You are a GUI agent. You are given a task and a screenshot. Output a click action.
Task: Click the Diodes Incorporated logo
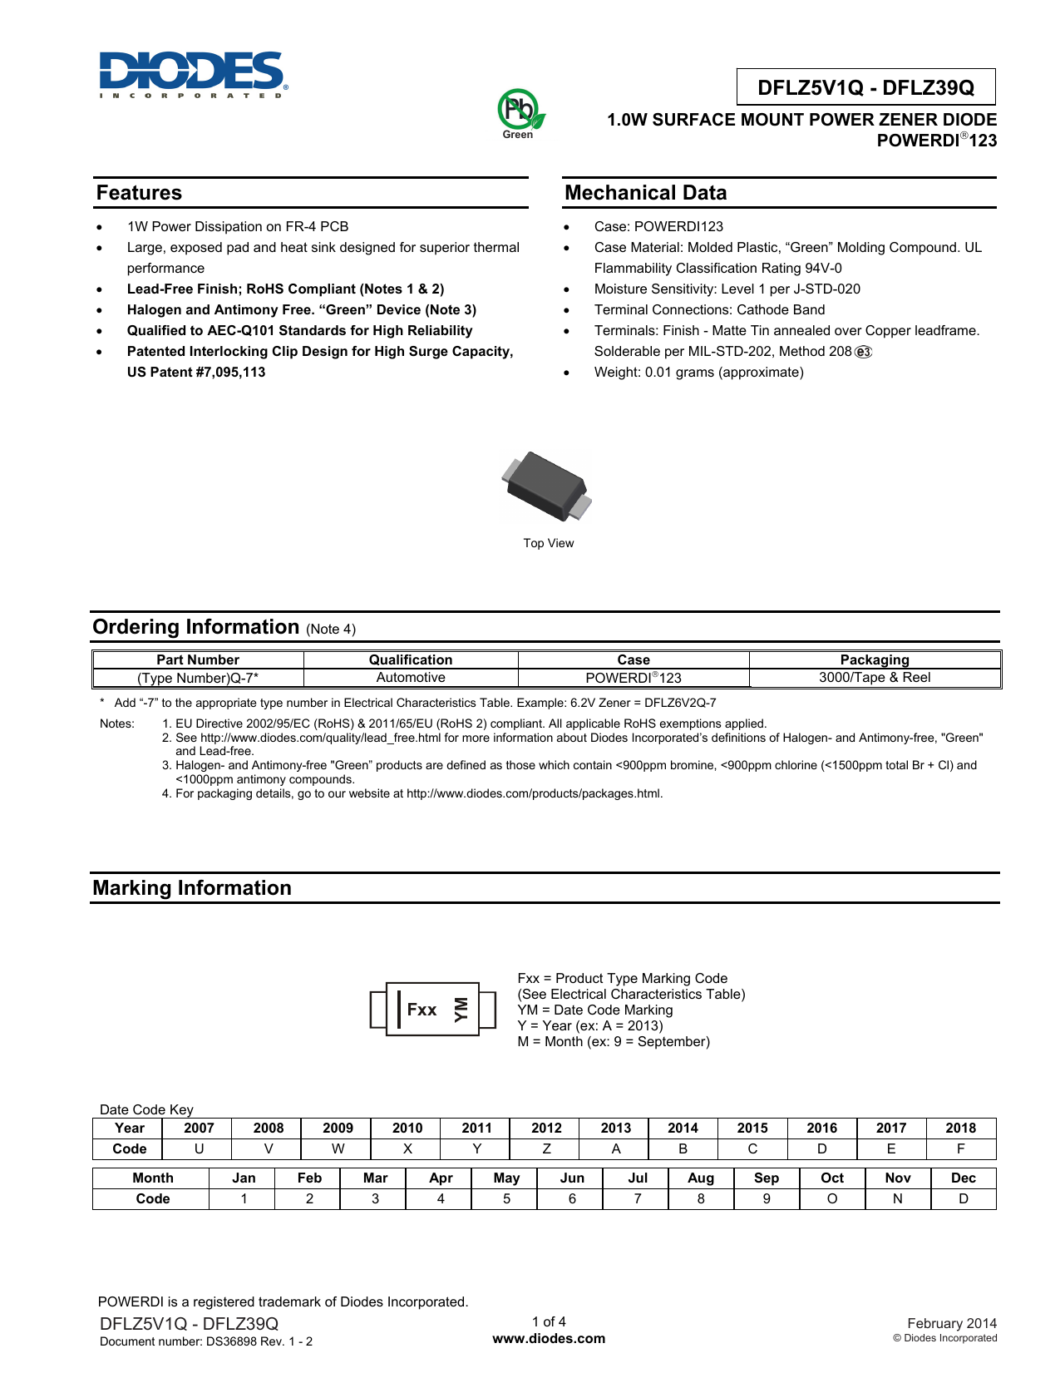pyautogui.click(x=193, y=74)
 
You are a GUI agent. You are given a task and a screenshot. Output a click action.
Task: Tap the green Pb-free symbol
pyautogui.click(x=519, y=112)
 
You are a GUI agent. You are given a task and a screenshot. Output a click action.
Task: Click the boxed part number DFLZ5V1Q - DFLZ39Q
pyautogui.click(x=865, y=87)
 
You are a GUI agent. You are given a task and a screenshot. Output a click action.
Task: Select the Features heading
pyautogui.click(x=139, y=193)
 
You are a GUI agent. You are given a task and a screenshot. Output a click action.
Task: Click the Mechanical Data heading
pyautogui.click(x=645, y=193)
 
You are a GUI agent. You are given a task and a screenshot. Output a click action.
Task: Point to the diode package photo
pyautogui.click(x=547, y=486)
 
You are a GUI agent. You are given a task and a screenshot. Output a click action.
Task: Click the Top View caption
pyautogui.click(x=549, y=543)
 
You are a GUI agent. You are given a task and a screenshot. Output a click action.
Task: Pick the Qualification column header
pyautogui.click(x=411, y=659)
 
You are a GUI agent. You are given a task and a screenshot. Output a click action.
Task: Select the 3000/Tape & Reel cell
pyautogui.click(x=875, y=678)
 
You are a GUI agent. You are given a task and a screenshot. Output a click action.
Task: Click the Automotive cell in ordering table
pyautogui.click(x=411, y=678)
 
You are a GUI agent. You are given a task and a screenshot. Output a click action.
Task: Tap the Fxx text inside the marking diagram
pyautogui.click(x=422, y=1010)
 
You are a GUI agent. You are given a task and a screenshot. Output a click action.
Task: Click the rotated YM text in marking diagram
pyautogui.click(x=461, y=1010)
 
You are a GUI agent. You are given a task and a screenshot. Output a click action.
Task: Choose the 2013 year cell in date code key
pyautogui.click(x=616, y=1129)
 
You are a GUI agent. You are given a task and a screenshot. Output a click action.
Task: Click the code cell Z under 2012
pyautogui.click(x=546, y=1149)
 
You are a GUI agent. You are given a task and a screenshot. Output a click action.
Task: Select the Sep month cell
pyautogui.click(x=767, y=1178)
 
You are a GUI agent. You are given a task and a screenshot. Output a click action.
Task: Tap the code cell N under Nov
pyautogui.click(x=898, y=1199)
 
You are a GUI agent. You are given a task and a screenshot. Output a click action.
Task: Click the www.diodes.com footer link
pyautogui.click(x=549, y=1339)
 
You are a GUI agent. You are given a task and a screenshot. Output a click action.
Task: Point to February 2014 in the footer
pyautogui.click(x=952, y=1323)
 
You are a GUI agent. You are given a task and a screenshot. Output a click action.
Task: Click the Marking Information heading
pyautogui.click(x=192, y=888)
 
